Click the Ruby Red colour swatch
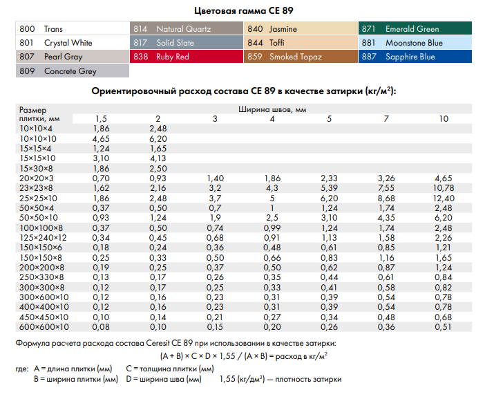click(187, 57)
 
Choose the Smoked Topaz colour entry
click(301, 57)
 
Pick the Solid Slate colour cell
click(187, 43)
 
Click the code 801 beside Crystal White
click(28, 43)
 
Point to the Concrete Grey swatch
click(71, 71)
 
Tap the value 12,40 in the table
click(444, 198)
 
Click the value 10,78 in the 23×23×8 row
click(444, 187)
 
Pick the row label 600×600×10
click(44, 327)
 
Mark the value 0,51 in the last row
click(444, 327)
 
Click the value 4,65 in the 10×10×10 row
click(101, 139)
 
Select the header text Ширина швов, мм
click(272, 109)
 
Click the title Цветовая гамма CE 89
click(247, 10)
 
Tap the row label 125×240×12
click(44, 238)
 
